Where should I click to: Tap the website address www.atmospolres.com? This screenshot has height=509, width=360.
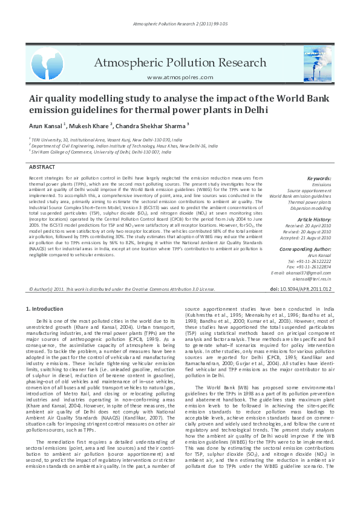tap(180, 77)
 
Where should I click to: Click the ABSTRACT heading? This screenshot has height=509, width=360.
tap(42, 166)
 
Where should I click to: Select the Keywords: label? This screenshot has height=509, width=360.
tap(319, 179)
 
